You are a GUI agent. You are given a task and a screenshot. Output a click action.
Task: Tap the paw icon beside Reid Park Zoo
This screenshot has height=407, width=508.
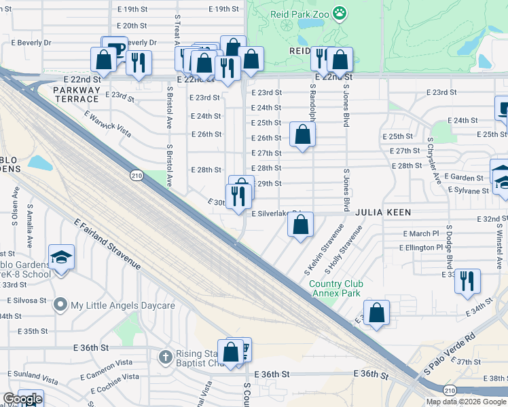click(340, 12)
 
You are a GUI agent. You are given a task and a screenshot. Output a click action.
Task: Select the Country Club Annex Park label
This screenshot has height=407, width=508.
click(336, 288)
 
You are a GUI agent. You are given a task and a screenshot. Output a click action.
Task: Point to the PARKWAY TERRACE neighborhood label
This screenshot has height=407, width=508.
click(76, 94)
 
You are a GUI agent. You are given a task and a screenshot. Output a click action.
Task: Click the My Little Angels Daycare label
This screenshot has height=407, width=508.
click(124, 305)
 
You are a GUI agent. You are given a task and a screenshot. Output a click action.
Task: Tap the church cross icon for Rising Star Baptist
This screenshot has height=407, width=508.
click(165, 356)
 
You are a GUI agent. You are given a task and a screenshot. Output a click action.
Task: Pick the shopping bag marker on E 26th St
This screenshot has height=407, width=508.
click(302, 134)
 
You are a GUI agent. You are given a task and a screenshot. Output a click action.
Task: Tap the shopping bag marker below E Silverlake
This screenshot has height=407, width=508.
click(300, 224)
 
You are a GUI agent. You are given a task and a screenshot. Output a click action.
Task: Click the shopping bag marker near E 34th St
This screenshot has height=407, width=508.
click(377, 313)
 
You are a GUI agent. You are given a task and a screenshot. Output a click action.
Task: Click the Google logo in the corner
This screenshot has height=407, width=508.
click(22, 399)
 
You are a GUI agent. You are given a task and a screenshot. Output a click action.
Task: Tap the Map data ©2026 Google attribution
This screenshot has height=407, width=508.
click(466, 402)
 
